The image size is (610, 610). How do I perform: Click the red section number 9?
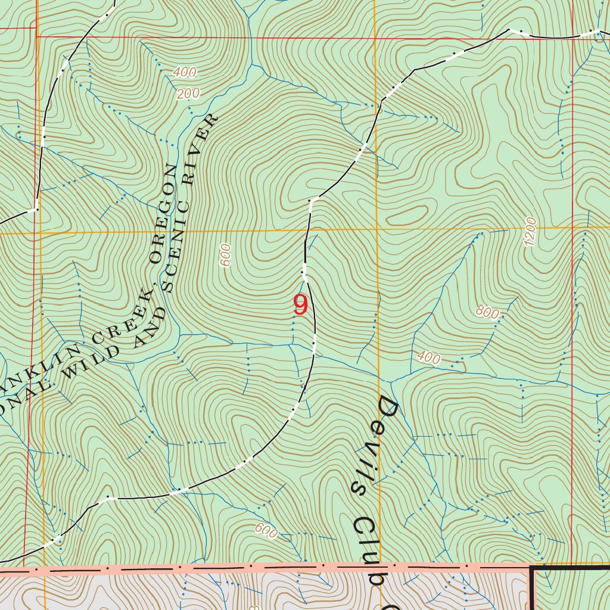(301, 306)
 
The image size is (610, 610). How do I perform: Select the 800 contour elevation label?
(487, 312)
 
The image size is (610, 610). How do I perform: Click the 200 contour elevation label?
(188, 94)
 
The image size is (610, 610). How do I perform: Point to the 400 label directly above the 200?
(185, 73)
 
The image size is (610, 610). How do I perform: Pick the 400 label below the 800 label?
(429, 357)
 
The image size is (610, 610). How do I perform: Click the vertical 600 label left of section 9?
(225, 255)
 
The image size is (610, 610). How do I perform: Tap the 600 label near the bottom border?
(266, 530)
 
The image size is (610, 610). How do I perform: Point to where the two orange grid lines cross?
(377, 229)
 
